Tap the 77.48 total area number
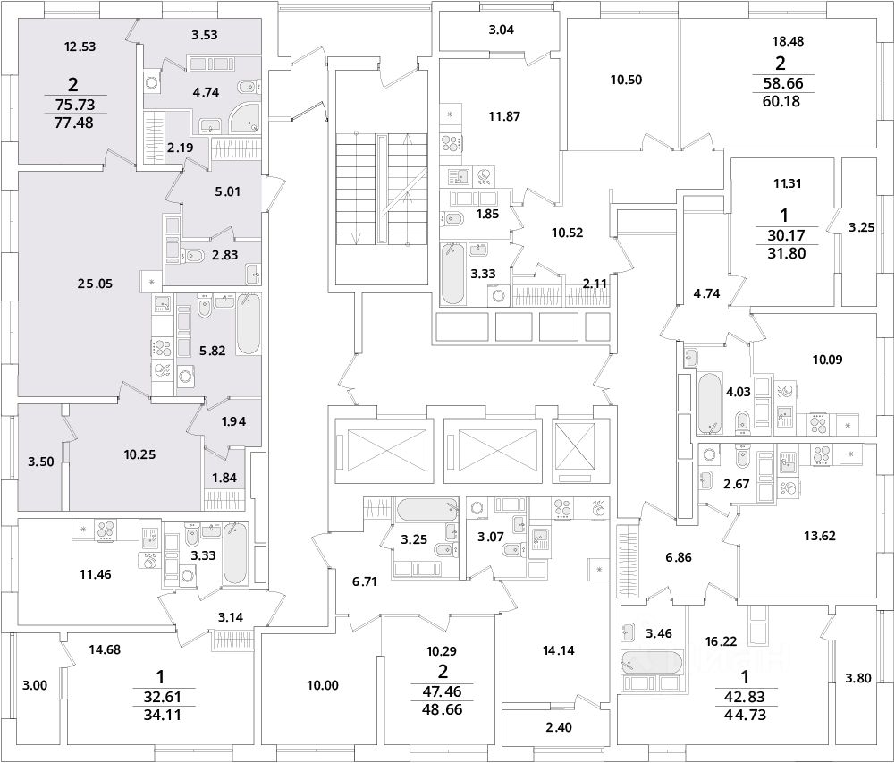coord(73,121)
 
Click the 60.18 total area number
coord(781,101)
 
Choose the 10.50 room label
coord(627,79)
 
